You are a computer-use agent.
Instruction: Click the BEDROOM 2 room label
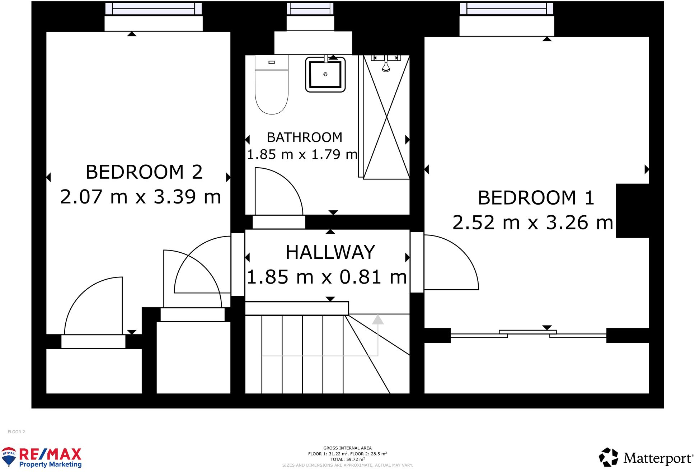[x=144, y=172]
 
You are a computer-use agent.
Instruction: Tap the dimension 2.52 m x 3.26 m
[x=532, y=223]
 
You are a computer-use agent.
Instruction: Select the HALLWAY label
[x=330, y=252]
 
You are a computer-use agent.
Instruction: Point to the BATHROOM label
[x=304, y=137]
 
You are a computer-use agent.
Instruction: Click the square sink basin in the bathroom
[x=325, y=75]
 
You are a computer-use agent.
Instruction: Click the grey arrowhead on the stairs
[x=377, y=319]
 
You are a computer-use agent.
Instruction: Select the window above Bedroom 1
[x=506, y=9]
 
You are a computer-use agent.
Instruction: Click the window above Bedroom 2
[x=154, y=9]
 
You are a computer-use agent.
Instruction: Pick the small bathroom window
[x=310, y=9]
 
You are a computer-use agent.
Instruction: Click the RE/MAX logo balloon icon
[x=9, y=457]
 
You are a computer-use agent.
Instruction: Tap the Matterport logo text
[x=657, y=458]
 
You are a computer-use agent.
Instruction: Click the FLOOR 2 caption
[x=17, y=432]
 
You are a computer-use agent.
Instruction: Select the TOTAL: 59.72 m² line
[x=347, y=459]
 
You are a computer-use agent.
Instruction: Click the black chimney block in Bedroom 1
[x=632, y=211]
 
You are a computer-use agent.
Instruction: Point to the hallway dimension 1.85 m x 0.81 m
[x=327, y=277]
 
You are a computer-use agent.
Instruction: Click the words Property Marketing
[x=50, y=464]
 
